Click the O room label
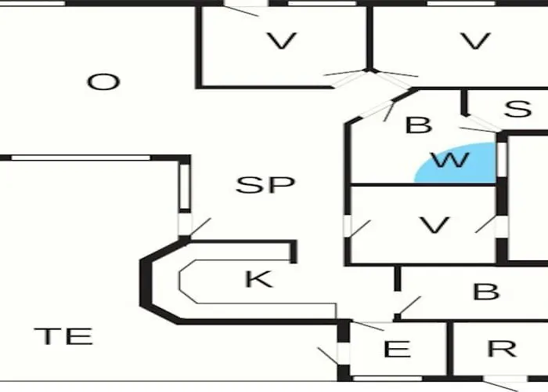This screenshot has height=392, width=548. point(103,82)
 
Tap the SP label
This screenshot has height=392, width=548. point(265,185)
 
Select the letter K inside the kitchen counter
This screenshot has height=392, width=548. point(259,279)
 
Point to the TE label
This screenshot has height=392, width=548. point(63,336)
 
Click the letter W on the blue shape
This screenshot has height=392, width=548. point(451,160)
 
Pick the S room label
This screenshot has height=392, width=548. point(518,108)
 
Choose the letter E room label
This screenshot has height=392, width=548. point(398,349)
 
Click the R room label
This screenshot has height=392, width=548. point(503,349)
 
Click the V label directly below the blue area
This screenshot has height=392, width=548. point(434,225)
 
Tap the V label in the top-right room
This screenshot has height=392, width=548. point(476,41)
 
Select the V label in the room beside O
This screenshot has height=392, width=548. point(282,41)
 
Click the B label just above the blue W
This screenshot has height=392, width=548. point(419,125)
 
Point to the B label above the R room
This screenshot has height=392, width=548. point(486,292)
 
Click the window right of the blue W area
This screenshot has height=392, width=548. point(502,160)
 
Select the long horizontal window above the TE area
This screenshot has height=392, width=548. point(81,158)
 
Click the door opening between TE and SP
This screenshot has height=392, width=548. point(186,224)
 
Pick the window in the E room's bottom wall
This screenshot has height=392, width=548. point(388,379)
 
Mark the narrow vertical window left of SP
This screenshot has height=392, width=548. point(185,187)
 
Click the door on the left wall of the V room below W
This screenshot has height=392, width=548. point(348,226)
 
